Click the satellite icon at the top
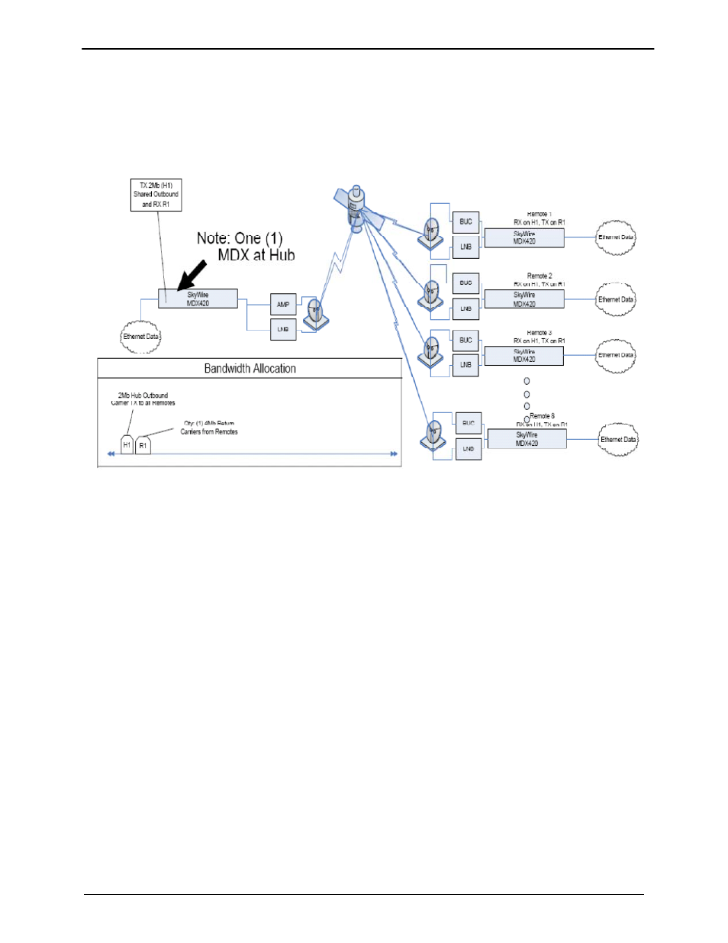[356, 208]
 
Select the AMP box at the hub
[283, 305]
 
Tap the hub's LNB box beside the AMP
[283, 329]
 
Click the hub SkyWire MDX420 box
[198, 299]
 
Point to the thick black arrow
[191, 275]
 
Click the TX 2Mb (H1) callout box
[156, 195]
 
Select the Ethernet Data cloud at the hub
[141, 337]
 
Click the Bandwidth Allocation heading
[250, 369]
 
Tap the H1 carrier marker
[127, 445]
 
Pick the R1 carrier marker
[143, 445]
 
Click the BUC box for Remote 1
[465, 221]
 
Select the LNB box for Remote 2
[465, 308]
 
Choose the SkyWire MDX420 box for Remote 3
[524, 356]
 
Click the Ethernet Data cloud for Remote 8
[618, 440]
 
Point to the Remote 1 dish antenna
[432, 232]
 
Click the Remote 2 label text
[540, 276]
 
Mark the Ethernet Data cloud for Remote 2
[615, 300]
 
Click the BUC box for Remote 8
[469, 423]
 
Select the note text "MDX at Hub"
[256, 255]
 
